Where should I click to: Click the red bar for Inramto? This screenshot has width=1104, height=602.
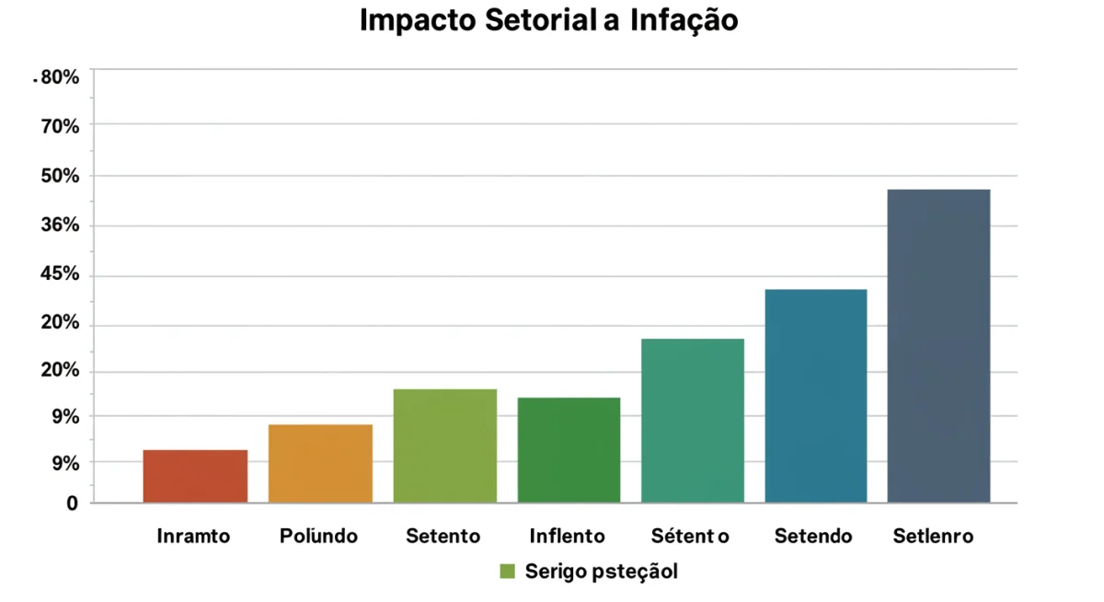tap(195, 476)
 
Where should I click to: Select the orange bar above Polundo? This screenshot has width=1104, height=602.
tap(320, 463)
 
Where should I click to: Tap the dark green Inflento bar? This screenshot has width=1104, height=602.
tap(569, 450)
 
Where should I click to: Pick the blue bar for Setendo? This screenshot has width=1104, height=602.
tap(815, 396)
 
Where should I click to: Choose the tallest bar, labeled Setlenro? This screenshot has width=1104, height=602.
tap(938, 346)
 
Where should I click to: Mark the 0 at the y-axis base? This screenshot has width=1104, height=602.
tap(72, 504)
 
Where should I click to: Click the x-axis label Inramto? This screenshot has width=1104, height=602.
tap(193, 536)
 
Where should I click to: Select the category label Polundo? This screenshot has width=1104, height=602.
tap(318, 536)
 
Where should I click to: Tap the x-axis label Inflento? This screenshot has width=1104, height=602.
tap(568, 536)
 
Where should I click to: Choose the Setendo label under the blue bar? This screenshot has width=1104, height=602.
tap(813, 536)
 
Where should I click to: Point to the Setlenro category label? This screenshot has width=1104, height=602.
tap(933, 536)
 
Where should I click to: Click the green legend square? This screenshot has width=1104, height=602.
tap(507, 572)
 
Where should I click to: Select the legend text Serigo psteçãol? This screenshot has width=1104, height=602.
tap(601, 572)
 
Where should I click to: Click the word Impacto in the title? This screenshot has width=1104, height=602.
tap(418, 20)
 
